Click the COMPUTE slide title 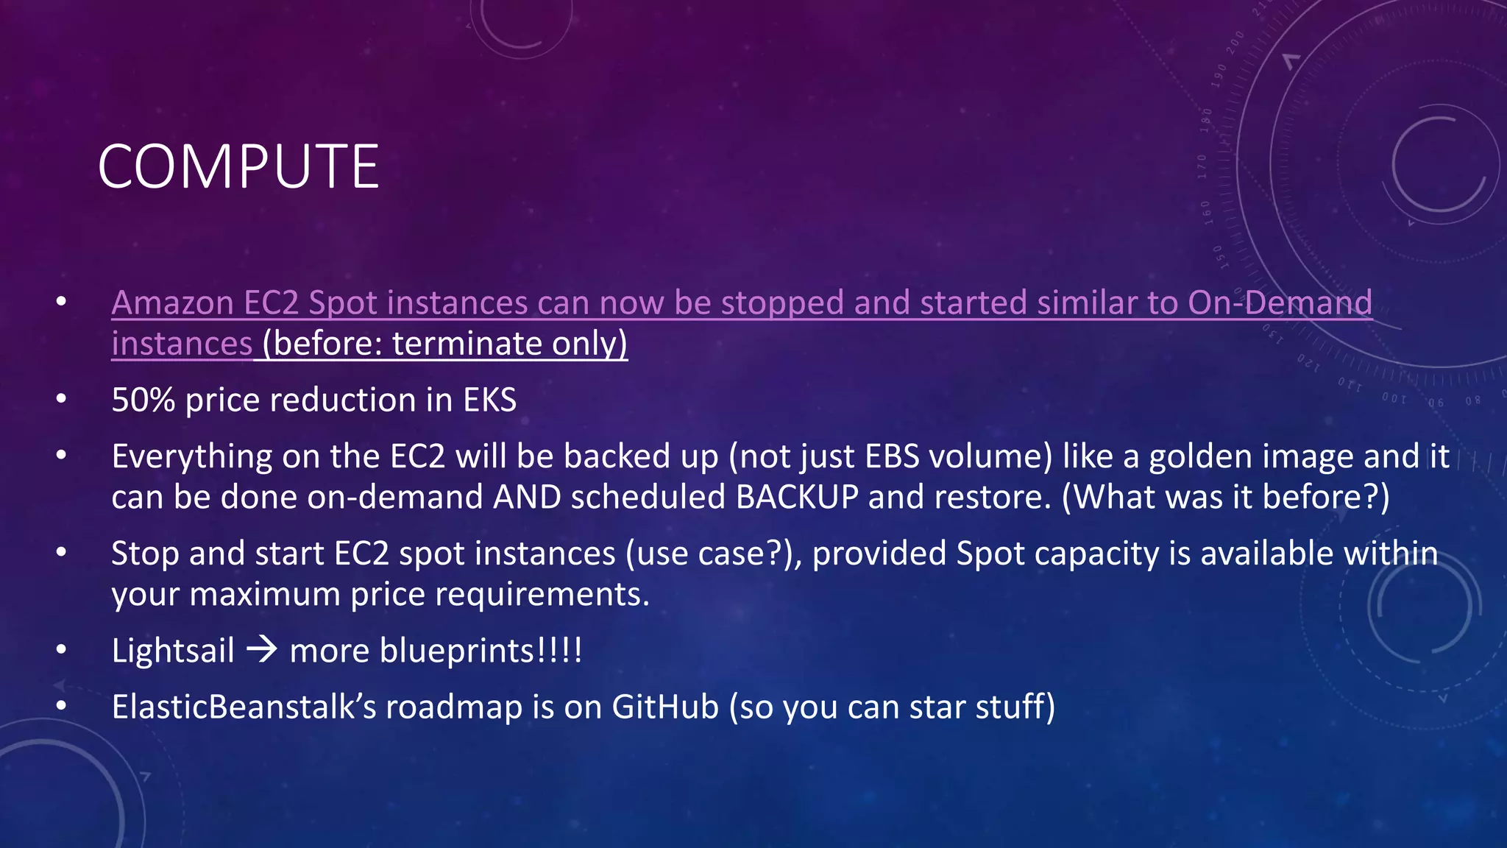click(x=238, y=167)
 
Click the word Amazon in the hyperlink click(x=172, y=303)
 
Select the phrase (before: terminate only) click(x=444, y=344)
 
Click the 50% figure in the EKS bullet click(x=143, y=400)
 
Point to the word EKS click(x=489, y=400)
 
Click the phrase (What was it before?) click(x=1225, y=497)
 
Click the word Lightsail click(x=173, y=651)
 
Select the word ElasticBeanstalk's click(x=244, y=707)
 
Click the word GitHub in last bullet click(x=664, y=707)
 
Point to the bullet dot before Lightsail click(x=62, y=650)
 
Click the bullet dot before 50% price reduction click(x=62, y=400)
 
